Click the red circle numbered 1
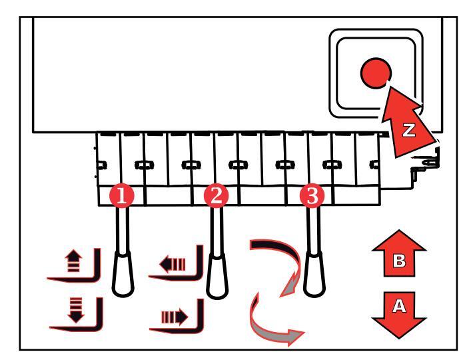(x=122, y=195)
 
